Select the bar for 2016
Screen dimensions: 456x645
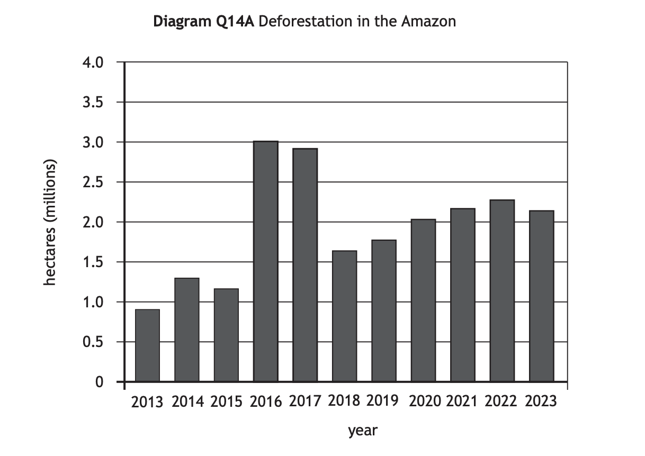pos(265,261)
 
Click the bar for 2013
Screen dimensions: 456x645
pos(147,345)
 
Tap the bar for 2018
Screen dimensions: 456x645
pos(344,316)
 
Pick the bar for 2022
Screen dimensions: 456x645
pos(501,290)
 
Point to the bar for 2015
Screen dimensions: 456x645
pos(226,335)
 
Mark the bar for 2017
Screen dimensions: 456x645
pos(305,265)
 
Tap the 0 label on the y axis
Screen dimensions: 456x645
pos(99,382)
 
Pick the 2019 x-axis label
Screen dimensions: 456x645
pos(382,400)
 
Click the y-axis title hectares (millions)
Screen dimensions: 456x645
pos(50,222)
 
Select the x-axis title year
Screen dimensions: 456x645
pos(363,431)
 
